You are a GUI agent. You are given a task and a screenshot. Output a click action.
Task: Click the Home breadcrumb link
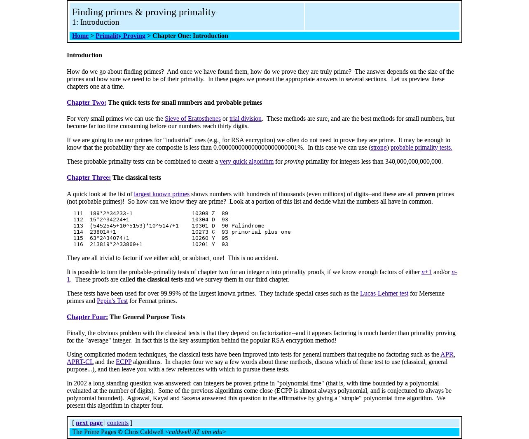pyautogui.click(x=80, y=36)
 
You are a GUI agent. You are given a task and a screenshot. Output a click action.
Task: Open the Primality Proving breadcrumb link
pyautogui.click(x=120, y=36)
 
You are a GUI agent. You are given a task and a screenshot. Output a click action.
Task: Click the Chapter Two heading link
pyautogui.click(x=87, y=103)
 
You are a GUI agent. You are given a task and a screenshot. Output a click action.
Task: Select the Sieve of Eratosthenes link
pyautogui.click(x=192, y=119)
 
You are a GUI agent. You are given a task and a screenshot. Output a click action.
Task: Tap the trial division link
pyautogui.click(x=245, y=119)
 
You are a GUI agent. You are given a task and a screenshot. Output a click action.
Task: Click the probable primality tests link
pyautogui.click(x=421, y=148)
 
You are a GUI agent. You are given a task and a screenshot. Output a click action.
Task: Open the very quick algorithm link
pyautogui.click(x=246, y=162)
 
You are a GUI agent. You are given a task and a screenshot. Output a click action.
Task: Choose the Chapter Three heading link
pyautogui.click(x=89, y=178)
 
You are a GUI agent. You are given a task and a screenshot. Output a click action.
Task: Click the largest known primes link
pyautogui.click(x=162, y=194)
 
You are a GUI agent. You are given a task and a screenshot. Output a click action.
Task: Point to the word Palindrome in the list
pyautogui.click(x=248, y=226)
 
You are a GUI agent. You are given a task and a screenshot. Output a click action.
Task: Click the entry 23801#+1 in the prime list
pyautogui.click(x=103, y=232)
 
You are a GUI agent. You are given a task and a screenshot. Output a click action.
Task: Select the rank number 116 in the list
pyautogui.click(x=78, y=244)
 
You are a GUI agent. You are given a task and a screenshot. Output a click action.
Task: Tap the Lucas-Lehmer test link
pyautogui.click(x=384, y=293)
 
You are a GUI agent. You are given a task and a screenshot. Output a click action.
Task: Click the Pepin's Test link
pyautogui.click(x=112, y=301)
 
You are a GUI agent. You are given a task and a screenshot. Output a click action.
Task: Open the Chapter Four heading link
pyautogui.click(x=87, y=317)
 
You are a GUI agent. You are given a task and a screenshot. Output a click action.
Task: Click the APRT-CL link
pyautogui.click(x=80, y=362)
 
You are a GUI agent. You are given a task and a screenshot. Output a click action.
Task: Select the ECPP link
pyautogui.click(x=124, y=362)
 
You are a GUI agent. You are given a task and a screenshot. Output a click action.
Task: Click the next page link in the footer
pyautogui.click(x=89, y=423)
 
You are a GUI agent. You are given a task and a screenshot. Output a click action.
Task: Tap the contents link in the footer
pyautogui.click(x=118, y=423)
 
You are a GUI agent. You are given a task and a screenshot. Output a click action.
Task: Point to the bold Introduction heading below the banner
pyautogui.click(x=84, y=55)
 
